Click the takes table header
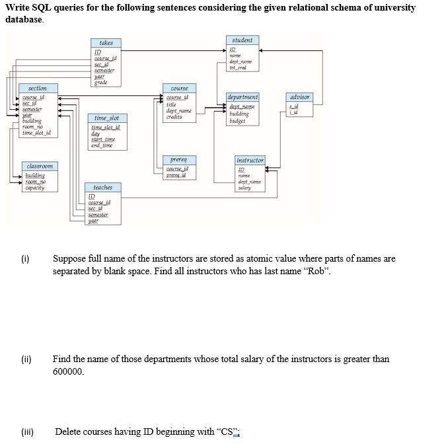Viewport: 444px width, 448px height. (x=106, y=43)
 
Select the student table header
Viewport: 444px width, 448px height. (x=242, y=40)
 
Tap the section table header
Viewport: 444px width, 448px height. (x=38, y=88)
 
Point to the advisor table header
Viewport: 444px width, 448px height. (x=301, y=97)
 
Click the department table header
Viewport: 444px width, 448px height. (x=242, y=97)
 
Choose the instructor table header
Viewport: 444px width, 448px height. (x=250, y=160)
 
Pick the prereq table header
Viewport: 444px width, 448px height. (x=178, y=160)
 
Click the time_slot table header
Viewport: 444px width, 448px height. (x=106, y=117)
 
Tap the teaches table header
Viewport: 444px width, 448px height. (x=102, y=188)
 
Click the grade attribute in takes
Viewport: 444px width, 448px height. (x=101, y=82)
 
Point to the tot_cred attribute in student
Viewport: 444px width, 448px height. (x=238, y=67)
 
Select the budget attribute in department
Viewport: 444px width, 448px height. (x=238, y=122)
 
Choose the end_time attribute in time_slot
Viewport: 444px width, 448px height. (x=102, y=145)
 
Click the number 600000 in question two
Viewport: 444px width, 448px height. (x=68, y=371)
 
